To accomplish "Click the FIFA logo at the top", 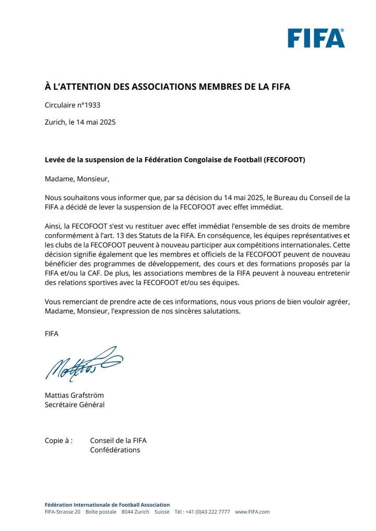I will (316, 38).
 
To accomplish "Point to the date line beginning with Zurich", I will (80, 122).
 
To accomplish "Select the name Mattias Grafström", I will (74, 395).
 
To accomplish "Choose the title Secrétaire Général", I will (75, 405).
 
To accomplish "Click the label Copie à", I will (58, 440).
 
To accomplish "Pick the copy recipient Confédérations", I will (115, 450).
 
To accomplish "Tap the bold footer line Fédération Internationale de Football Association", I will (107, 504).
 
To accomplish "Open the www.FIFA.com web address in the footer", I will (252, 512).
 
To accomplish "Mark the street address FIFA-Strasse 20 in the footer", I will (63, 512).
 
